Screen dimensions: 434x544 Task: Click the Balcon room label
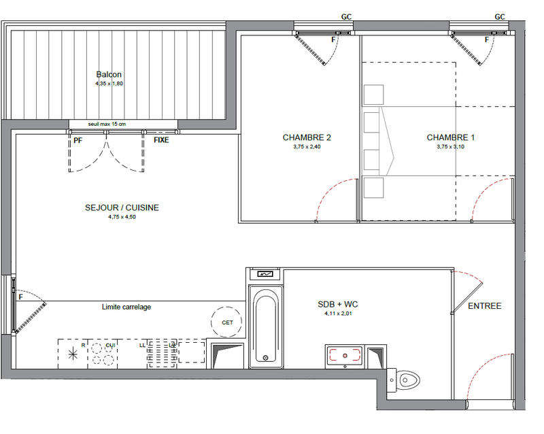click(109, 75)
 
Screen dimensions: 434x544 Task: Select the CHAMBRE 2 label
click(307, 137)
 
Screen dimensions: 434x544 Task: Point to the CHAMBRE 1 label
click(451, 137)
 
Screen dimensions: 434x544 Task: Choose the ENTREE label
click(484, 306)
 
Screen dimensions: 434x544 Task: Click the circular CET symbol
click(227, 322)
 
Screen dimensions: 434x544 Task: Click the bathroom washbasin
click(346, 355)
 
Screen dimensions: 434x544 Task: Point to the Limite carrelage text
click(126, 307)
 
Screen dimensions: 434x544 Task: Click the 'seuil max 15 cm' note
click(107, 124)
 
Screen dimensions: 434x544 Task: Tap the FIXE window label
click(161, 140)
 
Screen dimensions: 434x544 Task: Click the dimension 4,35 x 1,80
click(109, 84)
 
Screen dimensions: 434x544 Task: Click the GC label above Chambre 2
click(345, 17)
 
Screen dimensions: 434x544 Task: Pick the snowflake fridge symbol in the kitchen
click(73, 353)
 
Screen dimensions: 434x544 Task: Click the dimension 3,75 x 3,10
click(451, 146)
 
